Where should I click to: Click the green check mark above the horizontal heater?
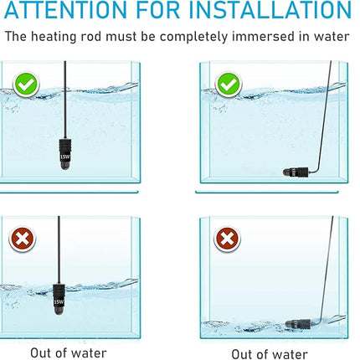pyautogui.click(x=228, y=84)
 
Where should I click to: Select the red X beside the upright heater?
pyautogui.click(x=23, y=240)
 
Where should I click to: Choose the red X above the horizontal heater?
pyautogui.click(x=227, y=240)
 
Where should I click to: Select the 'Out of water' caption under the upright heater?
pyautogui.click(x=69, y=353)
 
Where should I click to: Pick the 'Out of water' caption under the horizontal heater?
pyautogui.click(x=269, y=353)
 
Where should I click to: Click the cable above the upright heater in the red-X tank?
pyautogui.click(x=59, y=247)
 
